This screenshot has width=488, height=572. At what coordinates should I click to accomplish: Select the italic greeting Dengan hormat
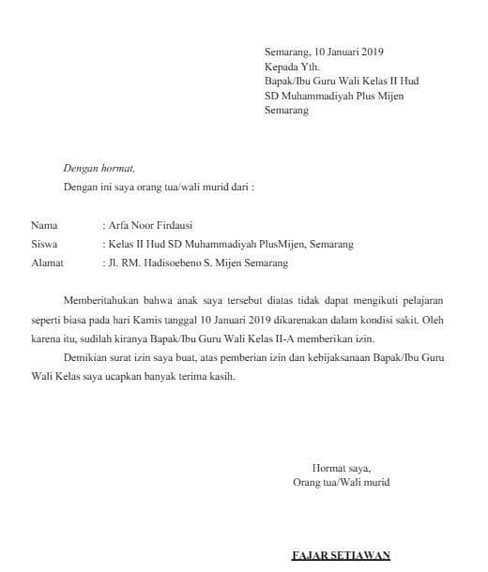coord(99,169)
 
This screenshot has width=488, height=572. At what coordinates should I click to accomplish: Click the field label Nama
coord(44,226)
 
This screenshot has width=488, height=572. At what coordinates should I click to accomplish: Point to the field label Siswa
coord(44,245)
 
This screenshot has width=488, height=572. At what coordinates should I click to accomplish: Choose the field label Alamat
coord(47,263)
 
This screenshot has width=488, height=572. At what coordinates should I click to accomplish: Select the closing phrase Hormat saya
coord(341,468)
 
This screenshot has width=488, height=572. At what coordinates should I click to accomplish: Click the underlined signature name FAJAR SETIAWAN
coord(341,556)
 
